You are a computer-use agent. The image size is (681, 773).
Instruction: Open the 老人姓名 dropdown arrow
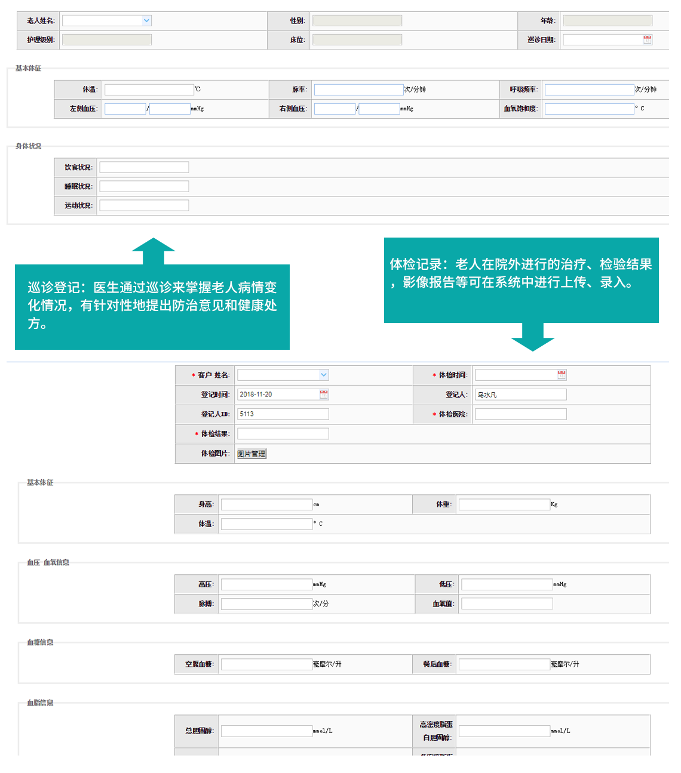click(146, 21)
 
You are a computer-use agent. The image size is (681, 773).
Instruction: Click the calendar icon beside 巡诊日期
click(648, 40)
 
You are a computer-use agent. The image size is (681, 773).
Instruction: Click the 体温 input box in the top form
click(149, 90)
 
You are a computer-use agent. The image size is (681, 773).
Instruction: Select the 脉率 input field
click(358, 90)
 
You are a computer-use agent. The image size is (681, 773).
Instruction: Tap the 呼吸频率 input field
click(589, 90)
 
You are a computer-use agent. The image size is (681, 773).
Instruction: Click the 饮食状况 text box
click(144, 167)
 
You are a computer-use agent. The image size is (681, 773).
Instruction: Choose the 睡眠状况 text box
click(144, 186)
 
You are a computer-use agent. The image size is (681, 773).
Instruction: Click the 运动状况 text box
click(144, 205)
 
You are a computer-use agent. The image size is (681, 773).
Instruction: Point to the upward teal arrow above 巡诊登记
click(154, 251)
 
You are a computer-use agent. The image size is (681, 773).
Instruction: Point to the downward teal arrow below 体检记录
click(533, 338)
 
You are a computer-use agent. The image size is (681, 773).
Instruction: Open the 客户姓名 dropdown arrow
click(324, 375)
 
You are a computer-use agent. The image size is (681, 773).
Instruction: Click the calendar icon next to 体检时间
click(562, 375)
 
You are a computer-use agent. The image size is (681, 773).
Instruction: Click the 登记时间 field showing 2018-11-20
click(278, 395)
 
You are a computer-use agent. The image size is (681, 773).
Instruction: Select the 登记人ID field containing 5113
click(283, 414)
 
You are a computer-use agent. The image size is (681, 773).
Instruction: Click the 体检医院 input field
click(520, 414)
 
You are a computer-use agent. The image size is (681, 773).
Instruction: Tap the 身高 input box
click(266, 505)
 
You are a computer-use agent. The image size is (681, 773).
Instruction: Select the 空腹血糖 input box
click(266, 664)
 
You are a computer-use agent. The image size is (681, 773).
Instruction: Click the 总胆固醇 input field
click(266, 731)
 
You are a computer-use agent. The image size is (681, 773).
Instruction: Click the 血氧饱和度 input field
click(589, 109)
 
